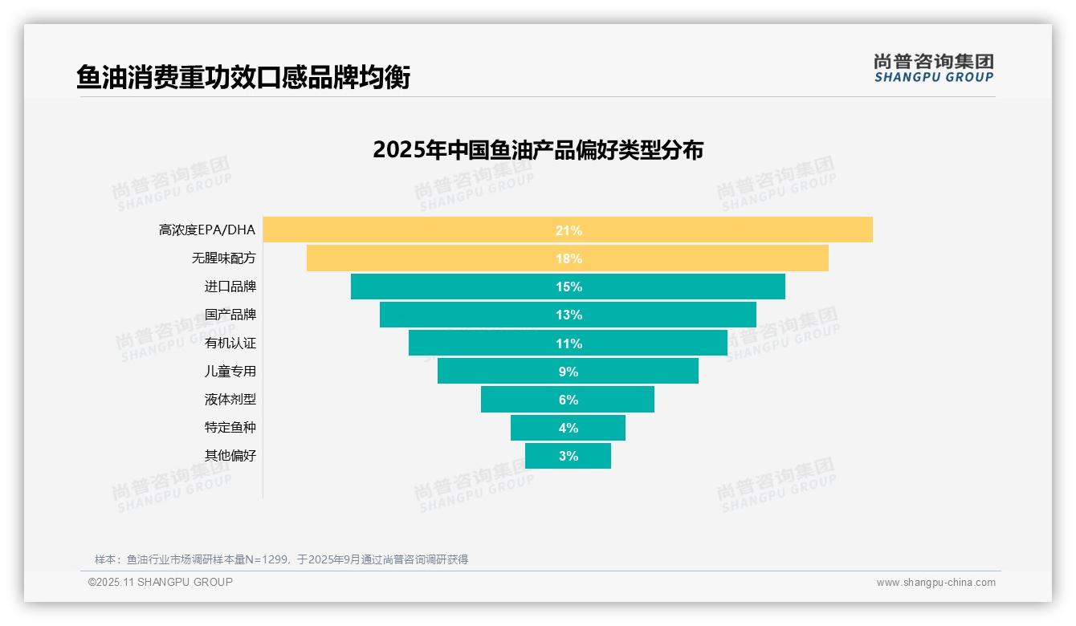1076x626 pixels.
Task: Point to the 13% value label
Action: point(569,315)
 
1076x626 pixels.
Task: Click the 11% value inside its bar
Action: point(569,343)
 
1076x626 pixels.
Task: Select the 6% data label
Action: point(569,400)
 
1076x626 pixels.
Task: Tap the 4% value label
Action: point(569,428)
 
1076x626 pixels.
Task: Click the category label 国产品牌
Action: point(230,315)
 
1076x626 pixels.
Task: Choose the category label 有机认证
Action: point(230,343)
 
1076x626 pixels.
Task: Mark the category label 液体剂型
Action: point(230,400)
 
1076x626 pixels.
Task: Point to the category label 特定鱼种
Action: point(230,428)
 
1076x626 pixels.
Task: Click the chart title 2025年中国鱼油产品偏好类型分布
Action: point(538,150)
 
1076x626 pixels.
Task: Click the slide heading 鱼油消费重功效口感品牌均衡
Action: point(243,78)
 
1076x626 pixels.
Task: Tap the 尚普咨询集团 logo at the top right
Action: point(933,67)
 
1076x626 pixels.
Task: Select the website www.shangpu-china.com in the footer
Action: point(935,583)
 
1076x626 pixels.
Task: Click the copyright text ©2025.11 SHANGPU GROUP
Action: point(161,582)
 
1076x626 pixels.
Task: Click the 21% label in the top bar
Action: point(569,230)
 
